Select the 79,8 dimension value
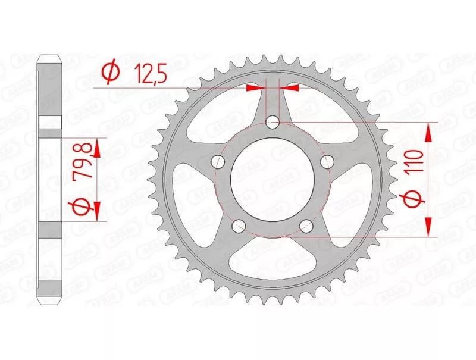pos(82,159)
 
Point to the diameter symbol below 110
pos(415,199)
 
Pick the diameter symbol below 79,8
pos(82,205)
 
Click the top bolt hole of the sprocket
pos(273,123)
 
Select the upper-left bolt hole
pos(217,161)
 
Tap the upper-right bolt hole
pos(327,161)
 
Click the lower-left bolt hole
pos(239,226)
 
